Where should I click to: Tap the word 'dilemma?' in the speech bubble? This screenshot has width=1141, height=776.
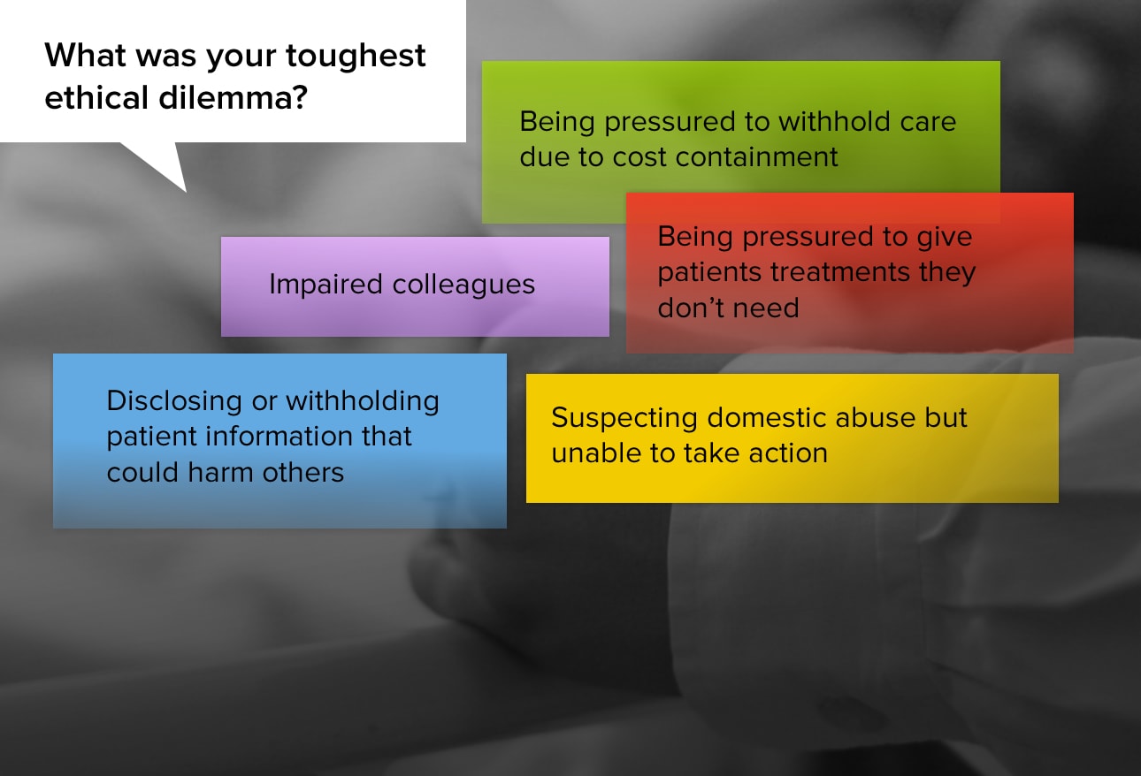coord(234,98)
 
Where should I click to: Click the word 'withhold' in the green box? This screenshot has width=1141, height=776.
coord(834,122)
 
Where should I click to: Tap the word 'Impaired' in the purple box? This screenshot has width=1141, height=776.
coord(325,285)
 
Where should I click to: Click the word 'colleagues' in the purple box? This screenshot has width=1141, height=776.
coord(463,285)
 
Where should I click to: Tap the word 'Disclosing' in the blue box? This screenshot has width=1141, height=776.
coord(174,401)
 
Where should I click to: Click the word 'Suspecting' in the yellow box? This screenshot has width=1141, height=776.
coord(624,419)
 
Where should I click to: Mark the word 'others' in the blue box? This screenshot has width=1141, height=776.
coord(302,472)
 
